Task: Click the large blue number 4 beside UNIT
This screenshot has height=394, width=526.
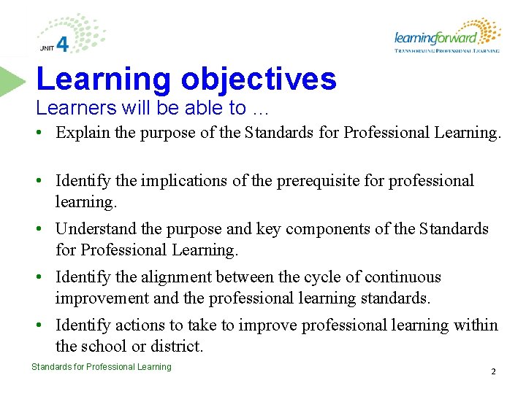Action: coord(63,45)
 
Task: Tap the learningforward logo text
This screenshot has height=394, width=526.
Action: coord(435,37)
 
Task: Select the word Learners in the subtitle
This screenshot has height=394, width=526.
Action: coord(68,108)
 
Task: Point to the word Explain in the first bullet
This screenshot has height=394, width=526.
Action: coord(80,133)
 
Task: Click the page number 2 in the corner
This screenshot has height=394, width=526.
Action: coord(493,371)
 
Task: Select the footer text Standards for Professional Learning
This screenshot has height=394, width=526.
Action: coord(102,367)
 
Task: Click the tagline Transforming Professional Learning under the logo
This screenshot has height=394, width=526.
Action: coord(447,51)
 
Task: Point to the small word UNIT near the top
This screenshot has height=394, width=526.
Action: coord(47,49)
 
